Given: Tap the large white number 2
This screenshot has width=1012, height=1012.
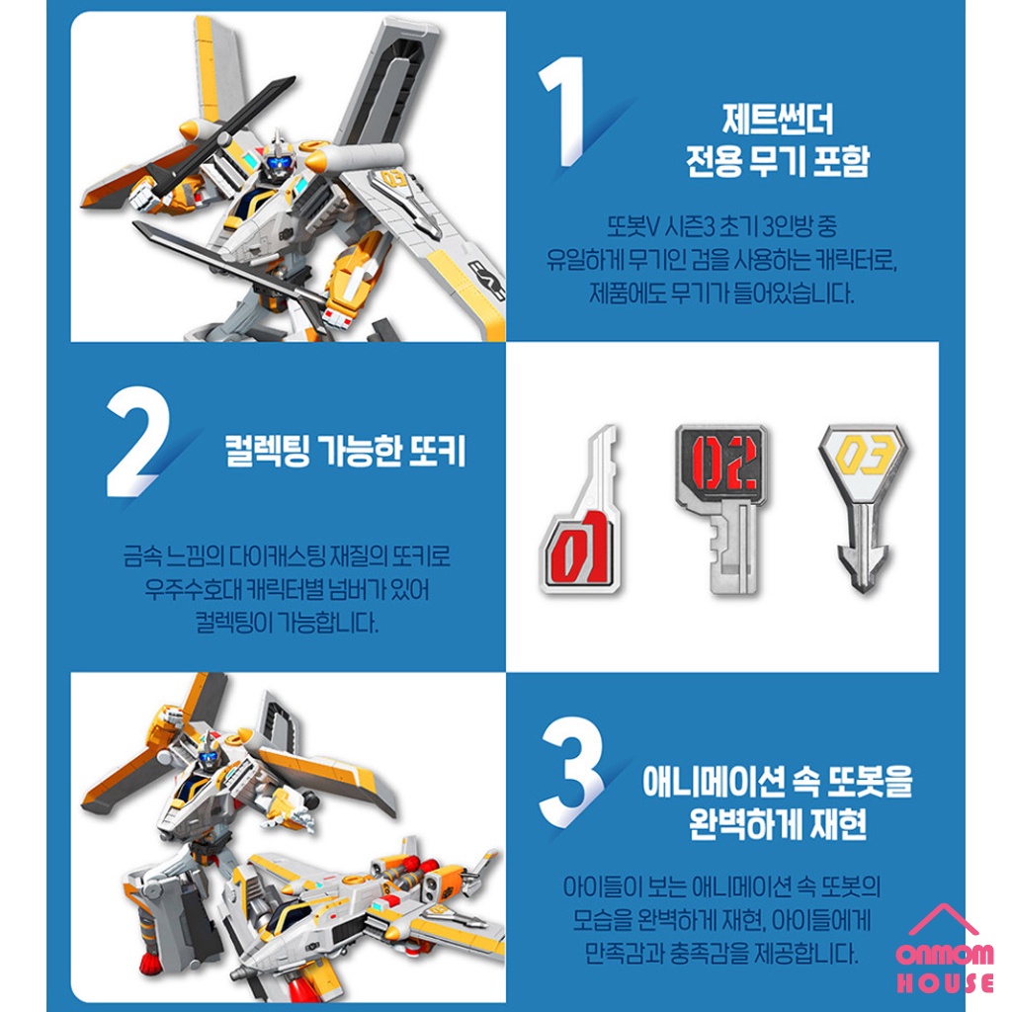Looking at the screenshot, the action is click(136, 442).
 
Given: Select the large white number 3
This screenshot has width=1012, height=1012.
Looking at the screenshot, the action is click(571, 771).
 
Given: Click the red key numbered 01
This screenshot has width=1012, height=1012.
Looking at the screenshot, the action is click(579, 510).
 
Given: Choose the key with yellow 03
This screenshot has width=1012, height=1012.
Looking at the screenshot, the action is click(863, 507).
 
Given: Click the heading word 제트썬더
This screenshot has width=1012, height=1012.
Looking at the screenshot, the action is click(778, 120).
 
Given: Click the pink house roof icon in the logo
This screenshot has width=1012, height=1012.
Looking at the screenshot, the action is click(943, 920).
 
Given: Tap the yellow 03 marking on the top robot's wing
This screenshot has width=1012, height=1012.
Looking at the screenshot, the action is click(393, 178).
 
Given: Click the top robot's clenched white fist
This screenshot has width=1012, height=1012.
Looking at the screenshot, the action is click(144, 194).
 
